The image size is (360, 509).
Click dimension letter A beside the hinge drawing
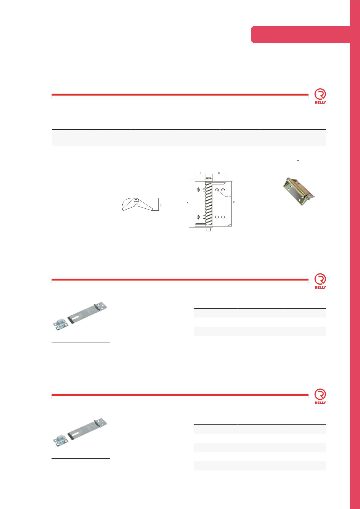[187, 203]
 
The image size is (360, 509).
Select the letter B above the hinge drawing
[200, 173]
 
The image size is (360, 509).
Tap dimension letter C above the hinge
[219, 173]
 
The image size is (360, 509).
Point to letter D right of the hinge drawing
[234, 202]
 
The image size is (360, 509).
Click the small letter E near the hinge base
[230, 225]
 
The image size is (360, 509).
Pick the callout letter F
[230, 197]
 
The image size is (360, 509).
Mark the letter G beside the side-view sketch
[161, 206]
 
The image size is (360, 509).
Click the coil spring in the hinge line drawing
[209, 203]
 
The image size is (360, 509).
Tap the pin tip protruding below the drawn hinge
[209, 230]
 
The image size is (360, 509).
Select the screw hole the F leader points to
[217, 190]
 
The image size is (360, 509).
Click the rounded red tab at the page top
[300, 35]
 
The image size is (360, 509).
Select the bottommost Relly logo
[320, 397]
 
